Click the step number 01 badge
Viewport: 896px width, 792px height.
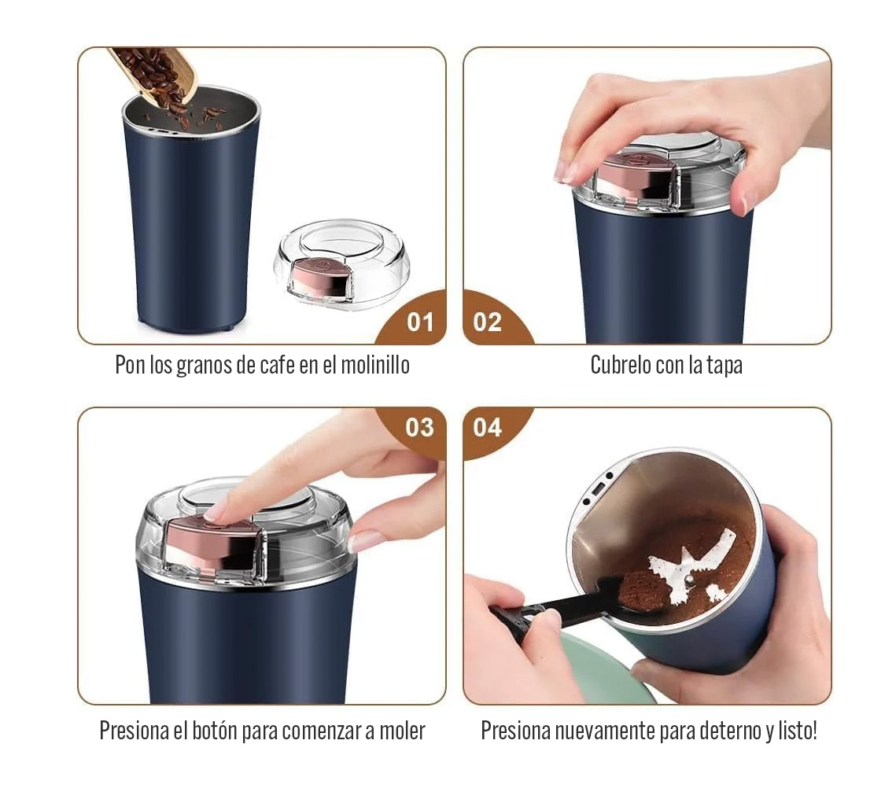pyautogui.click(x=420, y=322)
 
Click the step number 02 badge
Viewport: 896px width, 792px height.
pyautogui.click(x=488, y=322)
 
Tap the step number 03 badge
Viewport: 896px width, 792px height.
pyautogui.click(x=420, y=427)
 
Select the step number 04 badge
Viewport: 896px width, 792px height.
pyautogui.click(x=488, y=427)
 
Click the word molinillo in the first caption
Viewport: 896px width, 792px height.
pyautogui.click(x=375, y=365)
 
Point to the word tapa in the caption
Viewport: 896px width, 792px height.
pyautogui.click(x=725, y=365)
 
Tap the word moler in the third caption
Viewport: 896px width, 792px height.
pyautogui.click(x=402, y=731)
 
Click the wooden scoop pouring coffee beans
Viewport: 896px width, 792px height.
pyautogui.click(x=154, y=76)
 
